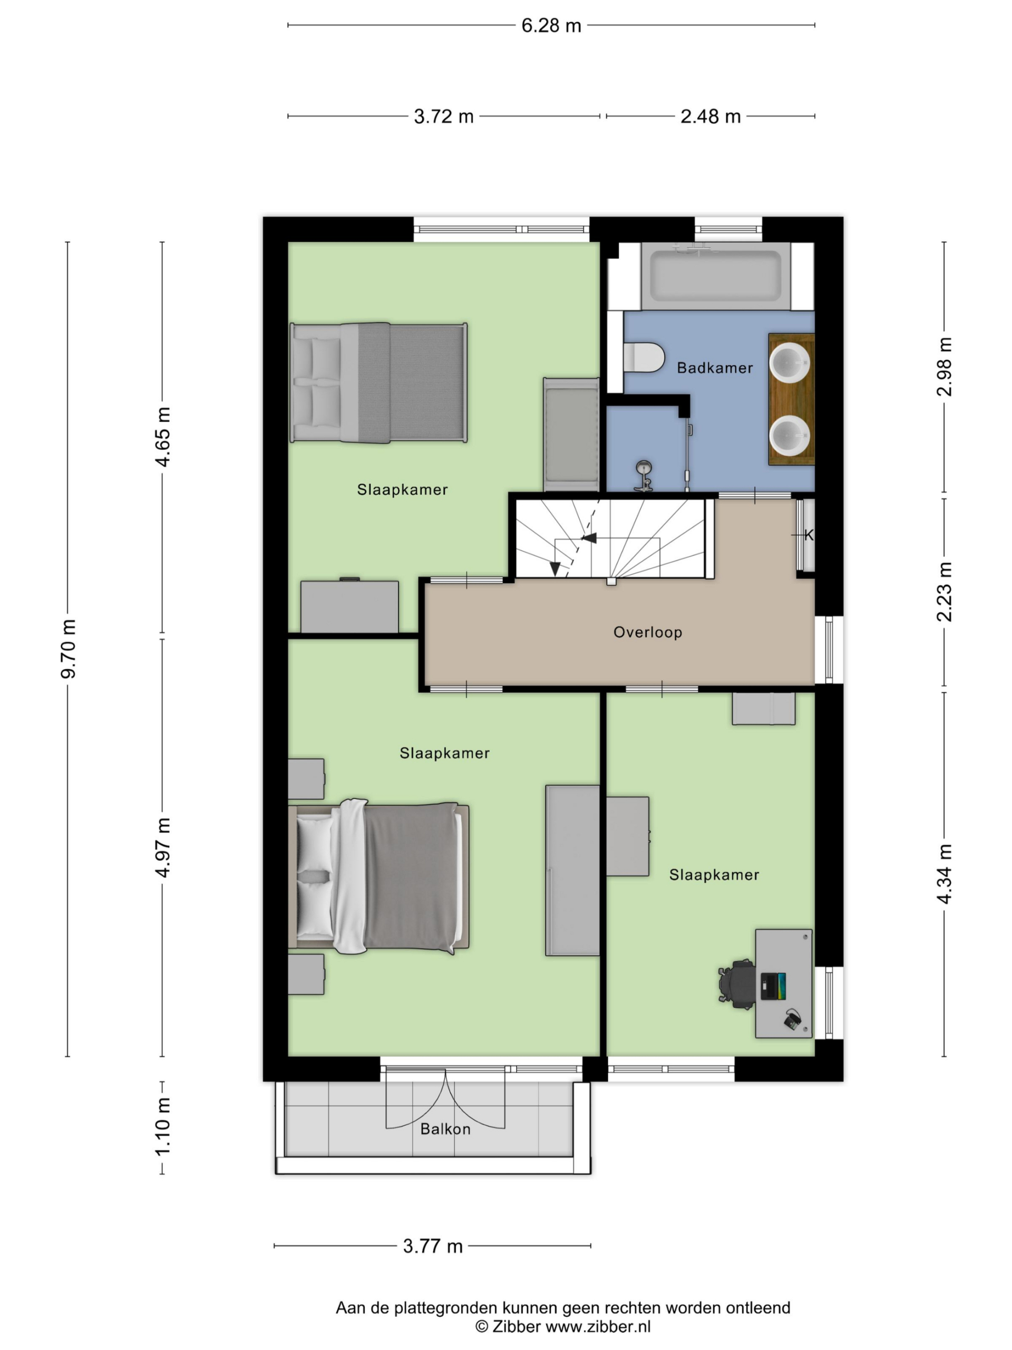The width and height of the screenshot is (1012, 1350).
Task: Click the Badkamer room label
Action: tap(714, 368)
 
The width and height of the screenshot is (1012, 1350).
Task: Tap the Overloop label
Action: tap(647, 632)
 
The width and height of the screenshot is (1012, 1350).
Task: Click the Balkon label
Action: tap(445, 1129)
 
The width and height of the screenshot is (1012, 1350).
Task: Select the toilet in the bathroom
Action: tap(644, 357)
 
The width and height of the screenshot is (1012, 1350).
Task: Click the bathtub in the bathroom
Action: tap(715, 275)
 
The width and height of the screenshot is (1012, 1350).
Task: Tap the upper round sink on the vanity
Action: tap(790, 362)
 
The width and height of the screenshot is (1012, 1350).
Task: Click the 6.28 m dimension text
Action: tap(551, 26)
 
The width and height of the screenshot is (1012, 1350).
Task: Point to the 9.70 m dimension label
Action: tap(69, 648)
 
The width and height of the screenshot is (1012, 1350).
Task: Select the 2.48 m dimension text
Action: tap(710, 116)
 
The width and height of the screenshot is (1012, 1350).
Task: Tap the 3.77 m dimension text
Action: tap(433, 1246)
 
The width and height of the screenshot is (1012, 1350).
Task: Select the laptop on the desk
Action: tap(773, 986)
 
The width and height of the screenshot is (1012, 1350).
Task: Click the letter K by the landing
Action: tap(809, 535)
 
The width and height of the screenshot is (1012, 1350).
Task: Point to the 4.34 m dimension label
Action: tap(945, 873)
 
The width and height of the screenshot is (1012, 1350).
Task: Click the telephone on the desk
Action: tap(792, 1019)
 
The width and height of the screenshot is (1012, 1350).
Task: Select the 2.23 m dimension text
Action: tap(945, 591)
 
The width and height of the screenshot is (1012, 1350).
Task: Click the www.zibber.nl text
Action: tap(598, 1326)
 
